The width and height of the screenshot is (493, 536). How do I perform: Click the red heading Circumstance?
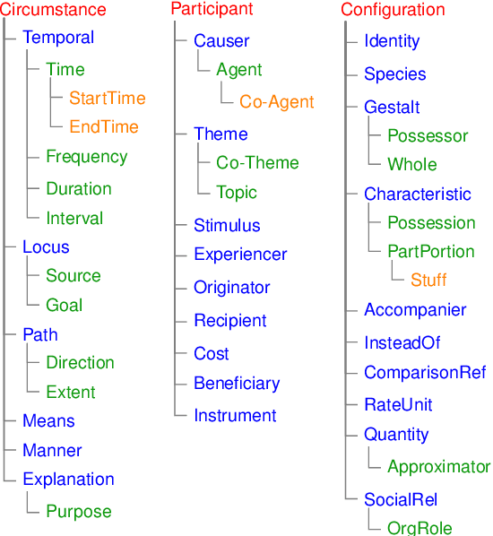click(x=54, y=11)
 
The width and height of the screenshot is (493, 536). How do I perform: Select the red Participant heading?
click(x=212, y=10)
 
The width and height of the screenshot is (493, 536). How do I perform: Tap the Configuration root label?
click(x=393, y=11)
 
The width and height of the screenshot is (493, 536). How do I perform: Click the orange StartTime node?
click(x=107, y=98)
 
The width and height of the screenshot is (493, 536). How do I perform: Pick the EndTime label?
click(x=104, y=126)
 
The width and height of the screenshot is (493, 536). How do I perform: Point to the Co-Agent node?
click(x=276, y=102)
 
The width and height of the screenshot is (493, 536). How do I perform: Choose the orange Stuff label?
click(x=428, y=281)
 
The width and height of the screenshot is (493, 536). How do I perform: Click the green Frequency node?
click(x=86, y=157)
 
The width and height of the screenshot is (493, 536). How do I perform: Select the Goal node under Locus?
click(x=64, y=306)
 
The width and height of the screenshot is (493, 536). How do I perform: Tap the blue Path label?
click(x=40, y=334)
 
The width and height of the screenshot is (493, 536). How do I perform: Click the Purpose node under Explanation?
click(x=79, y=512)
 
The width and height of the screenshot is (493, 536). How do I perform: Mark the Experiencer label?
click(x=240, y=255)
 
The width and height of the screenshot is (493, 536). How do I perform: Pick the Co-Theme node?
click(x=257, y=163)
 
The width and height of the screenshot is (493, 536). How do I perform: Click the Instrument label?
click(x=235, y=416)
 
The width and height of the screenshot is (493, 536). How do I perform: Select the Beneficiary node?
click(x=237, y=384)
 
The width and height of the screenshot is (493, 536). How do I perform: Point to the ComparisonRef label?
click(x=425, y=373)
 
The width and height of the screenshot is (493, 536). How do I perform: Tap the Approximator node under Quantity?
click(x=438, y=467)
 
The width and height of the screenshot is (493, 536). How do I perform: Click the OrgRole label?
click(x=419, y=528)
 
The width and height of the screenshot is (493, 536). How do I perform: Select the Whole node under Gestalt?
click(x=412, y=165)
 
